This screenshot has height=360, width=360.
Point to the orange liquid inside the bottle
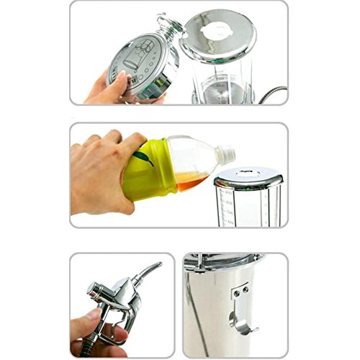[189, 181]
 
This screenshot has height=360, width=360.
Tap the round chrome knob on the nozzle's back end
[91, 290]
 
